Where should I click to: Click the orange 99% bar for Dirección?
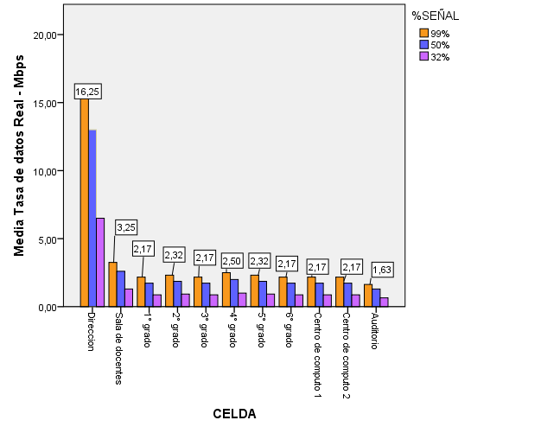(85, 203)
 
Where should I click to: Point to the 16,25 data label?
(86, 92)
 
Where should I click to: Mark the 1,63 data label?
(382, 271)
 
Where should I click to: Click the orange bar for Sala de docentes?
(112, 284)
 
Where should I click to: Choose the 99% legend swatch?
(424, 34)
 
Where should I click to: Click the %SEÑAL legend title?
(435, 16)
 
